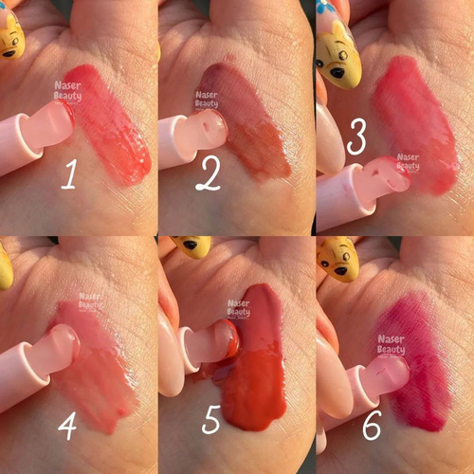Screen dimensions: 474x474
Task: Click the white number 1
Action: [x=69, y=174]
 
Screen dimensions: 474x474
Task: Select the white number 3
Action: [x=356, y=137]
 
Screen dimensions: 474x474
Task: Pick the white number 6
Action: [x=372, y=425]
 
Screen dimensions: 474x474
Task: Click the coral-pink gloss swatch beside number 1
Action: [x=109, y=125]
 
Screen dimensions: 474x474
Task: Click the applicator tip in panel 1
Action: [x=50, y=124]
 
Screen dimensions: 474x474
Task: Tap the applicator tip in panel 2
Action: [x=202, y=133]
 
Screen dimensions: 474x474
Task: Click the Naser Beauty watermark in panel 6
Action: [x=392, y=345]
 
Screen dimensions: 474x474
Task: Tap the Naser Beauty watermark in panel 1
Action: [x=67, y=91]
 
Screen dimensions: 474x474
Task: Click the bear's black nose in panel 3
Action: [x=337, y=73]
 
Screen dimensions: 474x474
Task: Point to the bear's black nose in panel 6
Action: [x=341, y=271]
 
